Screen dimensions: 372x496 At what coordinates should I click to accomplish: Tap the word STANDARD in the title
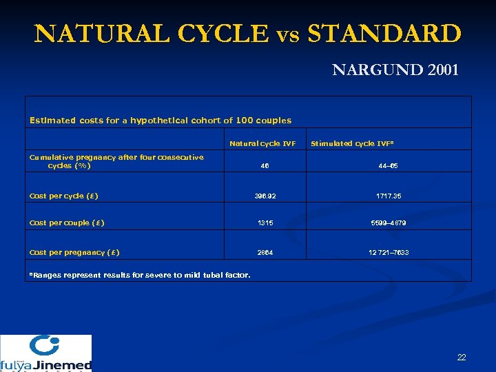tap(385, 33)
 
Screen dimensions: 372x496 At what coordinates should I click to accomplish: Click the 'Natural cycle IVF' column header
tap(262, 144)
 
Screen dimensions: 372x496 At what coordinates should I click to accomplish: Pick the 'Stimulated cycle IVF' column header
tap(351, 144)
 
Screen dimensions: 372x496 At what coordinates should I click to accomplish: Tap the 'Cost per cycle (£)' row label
tap(64, 196)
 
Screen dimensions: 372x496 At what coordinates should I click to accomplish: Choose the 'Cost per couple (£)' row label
tap(67, 223)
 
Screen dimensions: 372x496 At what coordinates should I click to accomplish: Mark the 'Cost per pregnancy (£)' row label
tap(74, 252)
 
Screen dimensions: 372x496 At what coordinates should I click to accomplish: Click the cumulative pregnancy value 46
tap(265, 166)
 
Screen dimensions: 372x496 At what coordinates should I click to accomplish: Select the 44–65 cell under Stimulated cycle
tap(389, 166)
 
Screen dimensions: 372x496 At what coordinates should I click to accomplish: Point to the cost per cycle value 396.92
tap(265, 196)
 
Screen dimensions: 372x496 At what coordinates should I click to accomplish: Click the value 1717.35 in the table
tap(389, 196)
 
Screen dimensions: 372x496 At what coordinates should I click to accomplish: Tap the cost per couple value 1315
tap(265, 223)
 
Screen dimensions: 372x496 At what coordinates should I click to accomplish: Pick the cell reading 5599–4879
tap(389, 223)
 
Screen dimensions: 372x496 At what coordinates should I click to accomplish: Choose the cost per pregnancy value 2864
tap(265, 253)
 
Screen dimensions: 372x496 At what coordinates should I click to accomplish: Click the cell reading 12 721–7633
tap(389, 253)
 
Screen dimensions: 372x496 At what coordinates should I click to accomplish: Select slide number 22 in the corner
tap(462, 357)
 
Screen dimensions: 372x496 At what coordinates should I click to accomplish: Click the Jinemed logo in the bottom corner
tap(45, 353)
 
